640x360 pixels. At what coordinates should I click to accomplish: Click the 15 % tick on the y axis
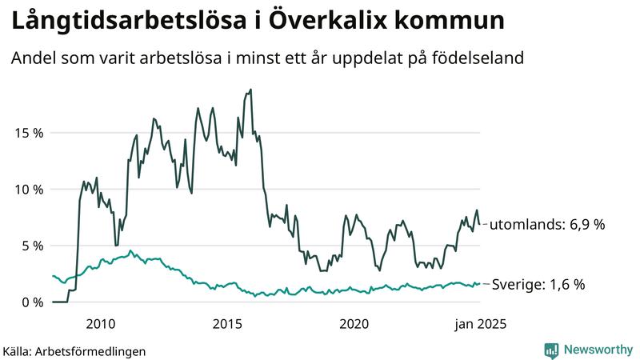point(27,133)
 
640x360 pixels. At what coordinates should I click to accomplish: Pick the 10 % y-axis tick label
point(27,190)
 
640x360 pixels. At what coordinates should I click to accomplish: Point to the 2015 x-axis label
point(227,323)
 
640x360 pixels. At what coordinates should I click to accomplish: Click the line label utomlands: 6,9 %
point(546,225)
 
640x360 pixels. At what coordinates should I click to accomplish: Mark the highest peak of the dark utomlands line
point(250,90)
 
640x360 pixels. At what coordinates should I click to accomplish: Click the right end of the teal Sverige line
point(479,283)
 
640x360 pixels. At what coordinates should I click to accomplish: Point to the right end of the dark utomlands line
point(479,224)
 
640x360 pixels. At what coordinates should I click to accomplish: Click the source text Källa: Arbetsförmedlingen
point(74,350)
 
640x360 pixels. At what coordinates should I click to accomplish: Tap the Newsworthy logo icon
point(551,350)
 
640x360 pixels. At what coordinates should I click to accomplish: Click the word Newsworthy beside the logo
point(596,350)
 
